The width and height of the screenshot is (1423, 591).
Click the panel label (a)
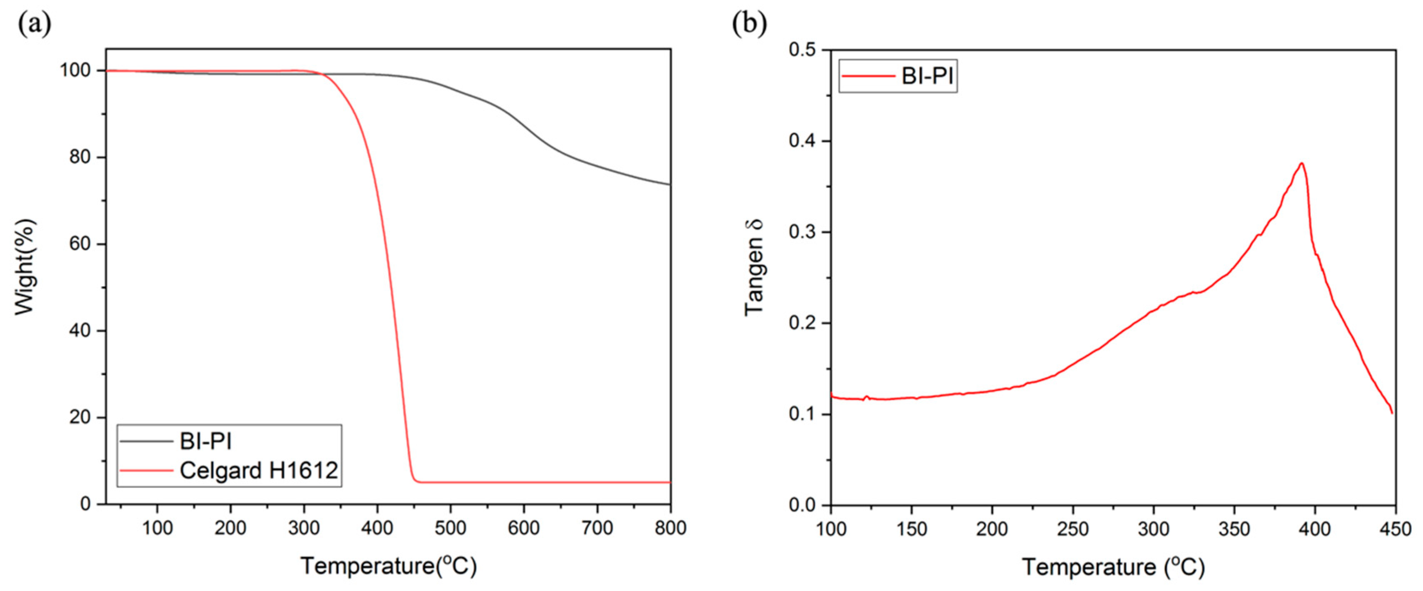34,24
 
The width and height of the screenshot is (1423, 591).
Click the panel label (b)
749,24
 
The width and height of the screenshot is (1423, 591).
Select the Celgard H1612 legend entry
258,471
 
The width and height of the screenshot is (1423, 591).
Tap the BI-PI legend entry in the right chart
928,76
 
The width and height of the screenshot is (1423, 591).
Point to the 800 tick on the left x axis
670,528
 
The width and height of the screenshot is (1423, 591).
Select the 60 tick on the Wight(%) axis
80,244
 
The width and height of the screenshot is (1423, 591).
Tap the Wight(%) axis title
25,267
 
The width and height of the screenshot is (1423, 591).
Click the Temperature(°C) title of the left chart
388,567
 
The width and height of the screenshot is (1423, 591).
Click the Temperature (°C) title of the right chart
1113,567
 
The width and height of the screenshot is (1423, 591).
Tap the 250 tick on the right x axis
1073,529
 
